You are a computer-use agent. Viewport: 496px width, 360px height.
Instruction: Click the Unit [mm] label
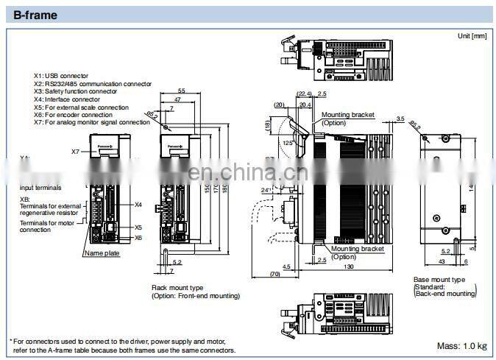471,35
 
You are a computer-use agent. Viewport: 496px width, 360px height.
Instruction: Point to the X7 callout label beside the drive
76,152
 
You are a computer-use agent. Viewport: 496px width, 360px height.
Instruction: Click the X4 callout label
138,205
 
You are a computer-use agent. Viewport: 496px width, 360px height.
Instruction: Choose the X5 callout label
138,227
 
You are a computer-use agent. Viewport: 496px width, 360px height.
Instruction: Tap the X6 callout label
138,238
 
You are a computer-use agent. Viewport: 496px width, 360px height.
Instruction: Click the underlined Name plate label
102,253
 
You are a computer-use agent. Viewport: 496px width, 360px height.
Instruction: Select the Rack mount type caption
178,288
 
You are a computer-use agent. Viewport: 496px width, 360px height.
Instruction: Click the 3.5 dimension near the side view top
400,118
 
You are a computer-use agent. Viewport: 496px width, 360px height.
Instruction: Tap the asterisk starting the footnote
11,341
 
